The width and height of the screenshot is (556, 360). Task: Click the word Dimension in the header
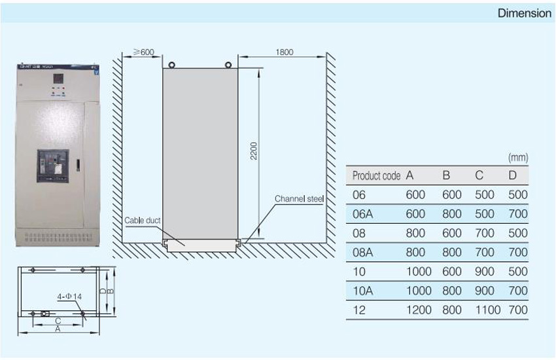pos(525,13)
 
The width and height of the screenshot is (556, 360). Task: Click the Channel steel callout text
pos(298,199)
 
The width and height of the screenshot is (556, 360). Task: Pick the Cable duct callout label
pos(142,221)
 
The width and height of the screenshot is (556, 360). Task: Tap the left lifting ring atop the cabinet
pos(171,64)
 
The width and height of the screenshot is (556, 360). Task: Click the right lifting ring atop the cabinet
pos(229,64)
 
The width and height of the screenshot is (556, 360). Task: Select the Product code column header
pos(375,175)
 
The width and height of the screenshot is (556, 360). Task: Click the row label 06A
pos(361,213)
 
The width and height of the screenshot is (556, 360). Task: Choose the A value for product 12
pos(419,310)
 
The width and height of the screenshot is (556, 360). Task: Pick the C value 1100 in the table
pos(487,310)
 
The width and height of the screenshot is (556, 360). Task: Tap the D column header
pos(513,175)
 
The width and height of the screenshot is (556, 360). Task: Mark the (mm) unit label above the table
pos(517,158)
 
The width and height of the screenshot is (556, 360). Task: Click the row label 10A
pos(361,290)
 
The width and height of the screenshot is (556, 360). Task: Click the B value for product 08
pos(452,232)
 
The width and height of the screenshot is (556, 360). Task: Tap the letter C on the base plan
pos(58,321)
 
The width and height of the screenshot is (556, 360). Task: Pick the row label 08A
pos(361,252)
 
